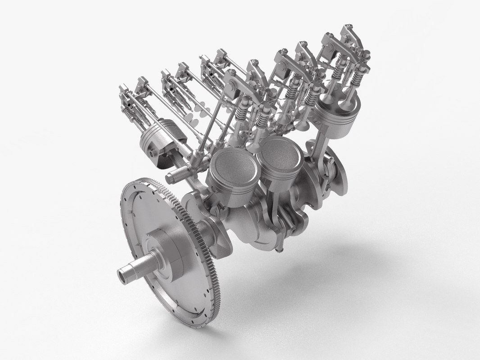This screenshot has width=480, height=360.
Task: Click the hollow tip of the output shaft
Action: coord(122,273)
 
